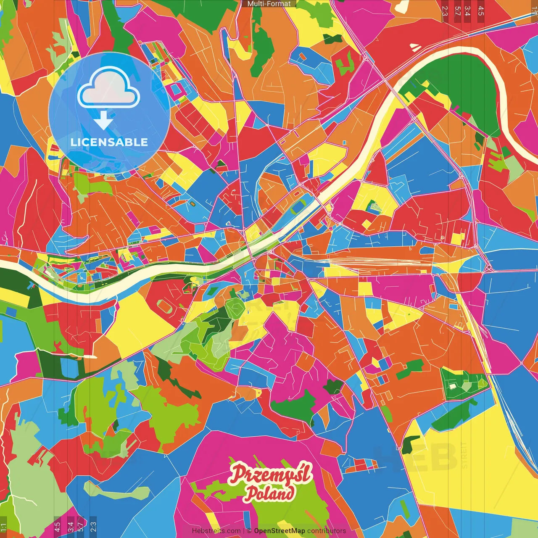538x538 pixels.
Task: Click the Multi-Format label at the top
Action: coord(269,4)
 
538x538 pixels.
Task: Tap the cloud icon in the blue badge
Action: coord(108,88)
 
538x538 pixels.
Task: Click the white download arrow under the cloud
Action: coord(103,120)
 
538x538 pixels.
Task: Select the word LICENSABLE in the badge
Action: coord(109,142)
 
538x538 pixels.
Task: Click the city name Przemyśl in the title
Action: coord(270,474)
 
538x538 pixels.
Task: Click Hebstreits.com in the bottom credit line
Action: coord(216,531)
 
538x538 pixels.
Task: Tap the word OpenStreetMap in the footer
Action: coord(279,531)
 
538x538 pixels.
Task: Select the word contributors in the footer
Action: coord(326,531)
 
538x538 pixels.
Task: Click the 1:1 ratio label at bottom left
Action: coord(3,527)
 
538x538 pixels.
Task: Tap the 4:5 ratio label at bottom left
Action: coord(57,527)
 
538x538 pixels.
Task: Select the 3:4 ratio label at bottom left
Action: coord(70,527)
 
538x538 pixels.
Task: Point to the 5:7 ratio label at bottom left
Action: coord(80,527)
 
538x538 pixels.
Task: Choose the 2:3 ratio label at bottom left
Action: coord(93,527)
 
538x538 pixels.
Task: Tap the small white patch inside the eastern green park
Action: coord(452,386)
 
